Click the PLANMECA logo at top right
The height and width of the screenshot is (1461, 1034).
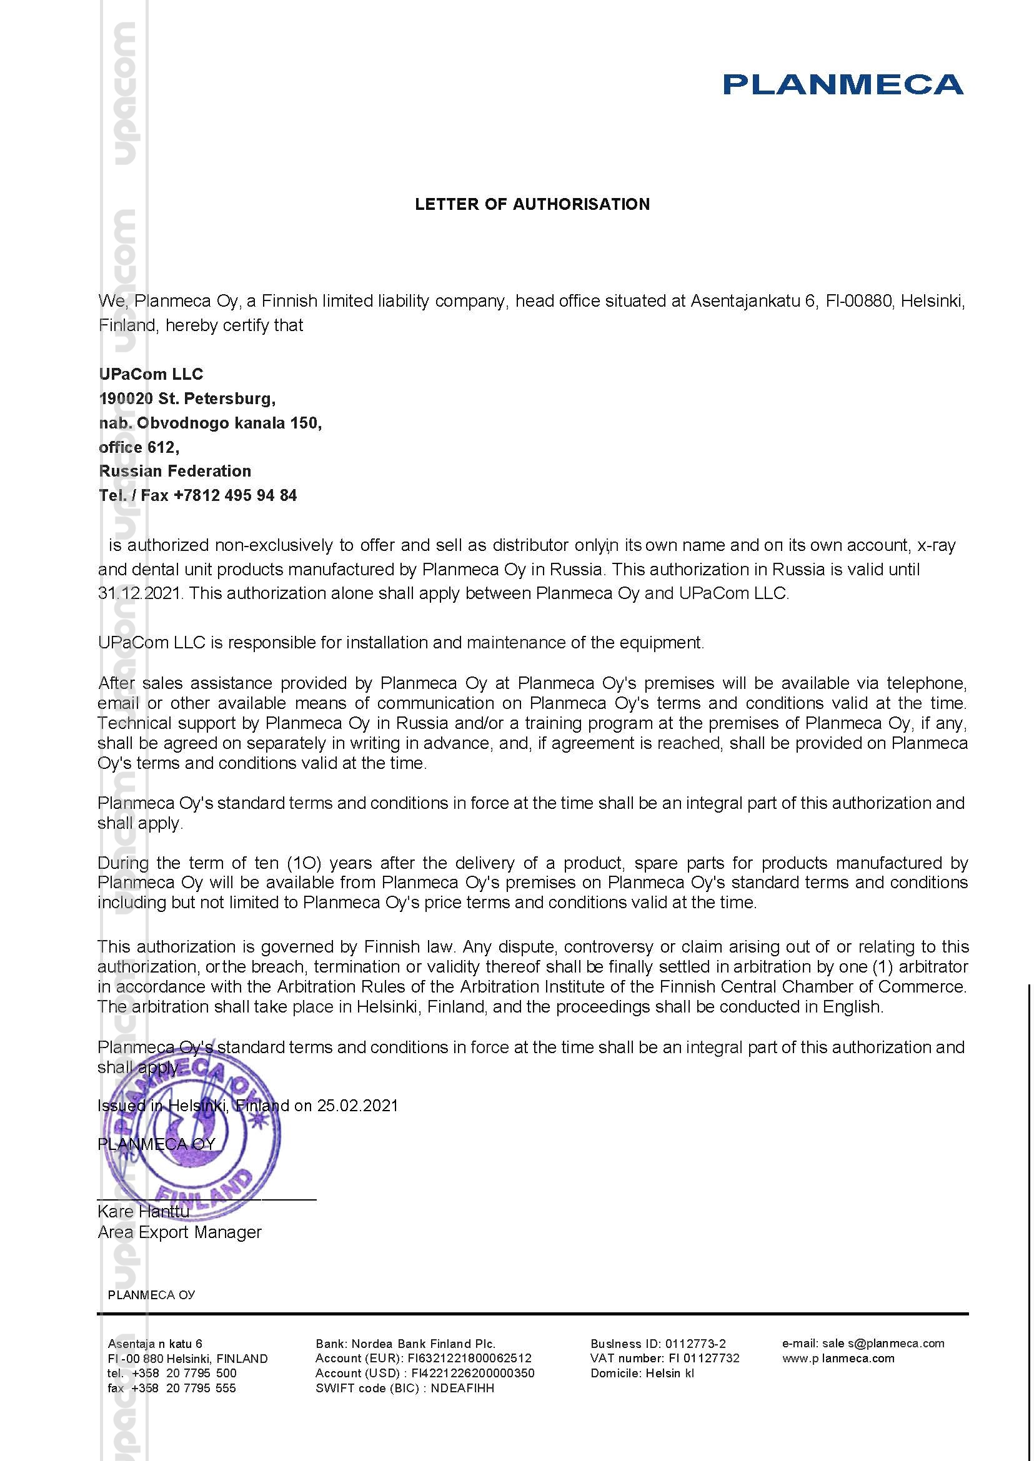click(x=842, y=84)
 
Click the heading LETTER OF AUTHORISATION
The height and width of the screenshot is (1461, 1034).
click(x=532, y=204)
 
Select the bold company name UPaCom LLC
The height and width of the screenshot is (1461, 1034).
click(x=151, y=374)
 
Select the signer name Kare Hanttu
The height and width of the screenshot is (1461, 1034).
click(x=143, y=1211)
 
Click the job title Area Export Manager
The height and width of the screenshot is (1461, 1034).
click(x=179, y=1232)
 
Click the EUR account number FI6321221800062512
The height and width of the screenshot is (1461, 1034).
click(x=469, y=1358)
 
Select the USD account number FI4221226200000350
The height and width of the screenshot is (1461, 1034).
click(x=472, y=1373)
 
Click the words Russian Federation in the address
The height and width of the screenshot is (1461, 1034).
click(x=175, y=471)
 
